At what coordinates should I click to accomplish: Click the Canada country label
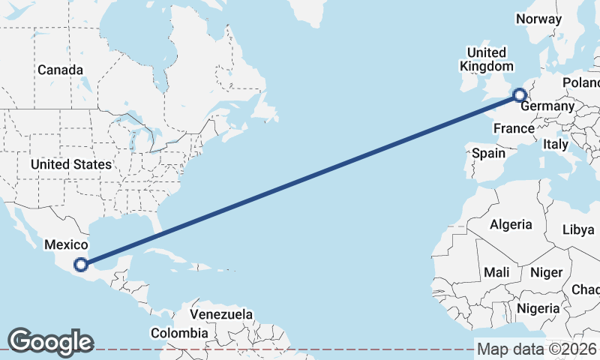(x=60, y=70)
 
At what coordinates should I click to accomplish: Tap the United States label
(x=71, y=164)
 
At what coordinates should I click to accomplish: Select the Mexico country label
(x=66, y=244)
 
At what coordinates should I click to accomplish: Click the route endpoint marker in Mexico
(x=81, y=264)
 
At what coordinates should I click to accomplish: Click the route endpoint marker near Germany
(x=519, y=94)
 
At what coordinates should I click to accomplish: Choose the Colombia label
(x=179, y=332)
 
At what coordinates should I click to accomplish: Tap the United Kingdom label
(x=487, y=59)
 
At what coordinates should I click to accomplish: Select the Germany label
(x=547, y=106)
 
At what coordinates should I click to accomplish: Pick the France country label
(x=514, y=128)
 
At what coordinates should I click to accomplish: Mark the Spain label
(x=488, y=153)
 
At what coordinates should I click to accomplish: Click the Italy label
(x=556, y=143)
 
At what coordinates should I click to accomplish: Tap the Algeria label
(x=511, y=224)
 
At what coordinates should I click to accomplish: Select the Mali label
(x=496, y=271)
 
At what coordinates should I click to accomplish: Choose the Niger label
(x=545, y=272)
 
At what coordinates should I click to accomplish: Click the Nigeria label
(x=538, y=308)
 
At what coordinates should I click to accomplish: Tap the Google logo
(x=50, y=342)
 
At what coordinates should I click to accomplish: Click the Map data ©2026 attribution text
(x=537, y=349)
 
